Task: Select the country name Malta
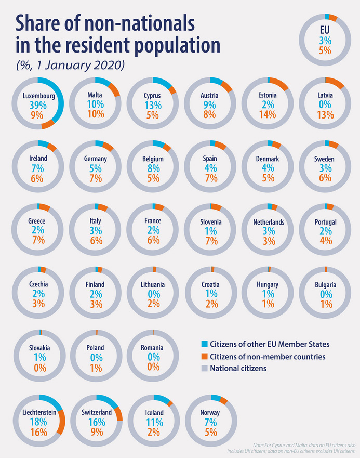pyautogui.click(x=95, y=96)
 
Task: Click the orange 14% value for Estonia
pyautogui.click(x=267, y=115)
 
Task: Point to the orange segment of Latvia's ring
pyautogui.click(x=335, y=82)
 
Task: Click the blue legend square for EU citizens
pyautogui.click(x=204, y=344)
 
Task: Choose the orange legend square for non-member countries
pyautogui.click(x=204, y=356)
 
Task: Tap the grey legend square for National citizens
pyautogui.click(x=204, y=368)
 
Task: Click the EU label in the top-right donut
pyautogui.click(x=325, y=30)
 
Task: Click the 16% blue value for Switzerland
pyautogui.click(x=96, y=422)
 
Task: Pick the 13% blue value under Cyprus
pyautogui.click(x=153, y=104)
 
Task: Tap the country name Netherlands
pyautogui.click(x=269, y=222)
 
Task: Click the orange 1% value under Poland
pyautogui.click(x=96, y=367)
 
